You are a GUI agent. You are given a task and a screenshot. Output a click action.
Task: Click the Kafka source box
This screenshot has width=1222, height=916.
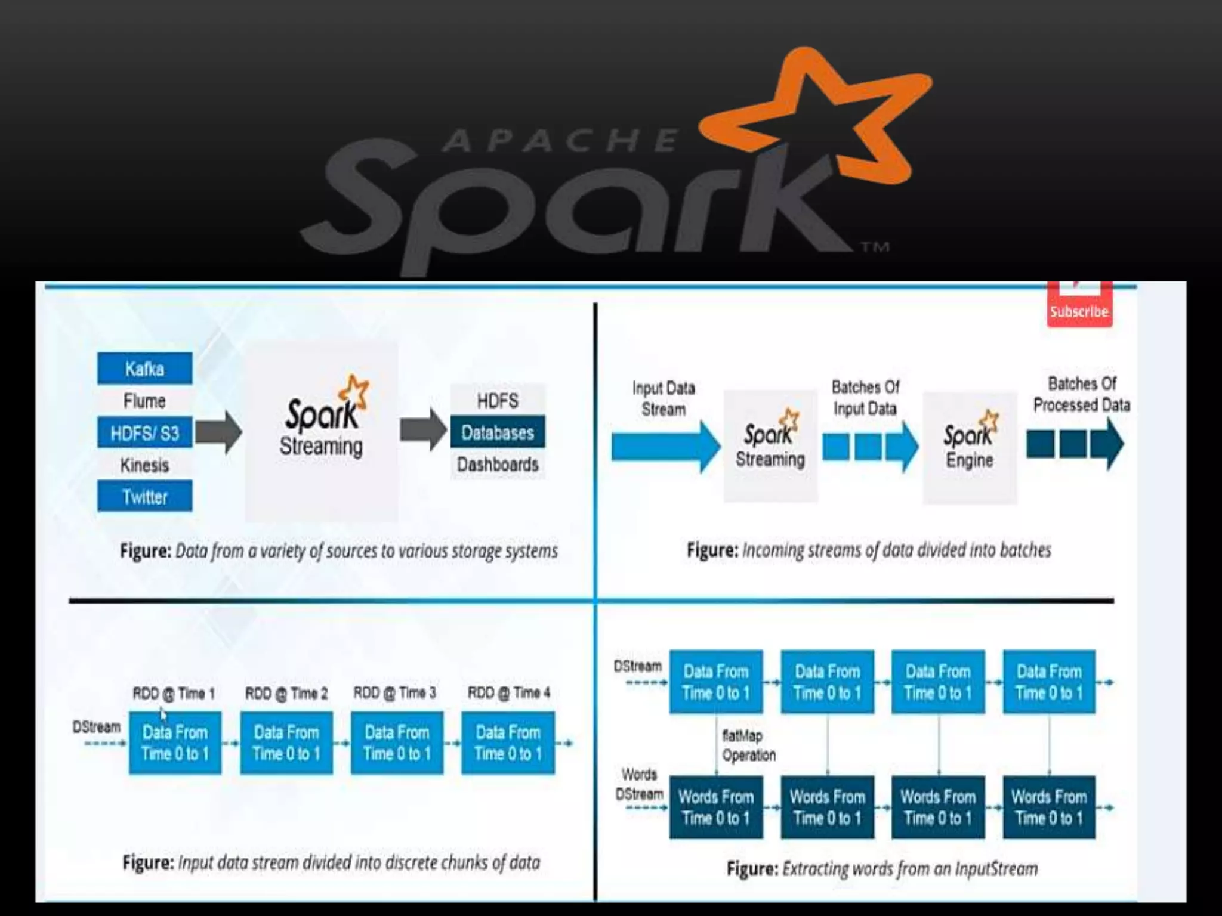(144, 369)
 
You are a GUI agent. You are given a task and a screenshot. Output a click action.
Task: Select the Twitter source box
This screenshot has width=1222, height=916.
(144, 496)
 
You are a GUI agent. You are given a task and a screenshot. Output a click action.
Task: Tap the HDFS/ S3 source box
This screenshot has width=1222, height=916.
(144, 432)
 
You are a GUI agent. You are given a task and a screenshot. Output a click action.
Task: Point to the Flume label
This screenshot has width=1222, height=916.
(144, 401)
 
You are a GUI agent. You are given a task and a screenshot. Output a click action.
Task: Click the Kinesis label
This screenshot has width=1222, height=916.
(144, 465)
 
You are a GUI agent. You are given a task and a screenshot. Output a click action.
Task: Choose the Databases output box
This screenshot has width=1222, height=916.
(497, 432)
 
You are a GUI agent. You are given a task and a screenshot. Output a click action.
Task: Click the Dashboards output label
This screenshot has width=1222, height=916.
(497, 464)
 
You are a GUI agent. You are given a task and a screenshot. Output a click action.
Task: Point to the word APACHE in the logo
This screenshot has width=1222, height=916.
(561, 141)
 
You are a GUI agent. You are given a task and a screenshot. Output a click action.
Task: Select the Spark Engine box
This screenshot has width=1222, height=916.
(970, 447)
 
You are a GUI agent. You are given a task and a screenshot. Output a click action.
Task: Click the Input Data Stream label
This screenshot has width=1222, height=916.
(664, 398)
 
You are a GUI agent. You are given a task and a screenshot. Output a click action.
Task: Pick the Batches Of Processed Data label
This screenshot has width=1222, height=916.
(1081, 394)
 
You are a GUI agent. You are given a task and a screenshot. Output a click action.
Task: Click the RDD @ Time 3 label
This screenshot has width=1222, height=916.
(394, 692)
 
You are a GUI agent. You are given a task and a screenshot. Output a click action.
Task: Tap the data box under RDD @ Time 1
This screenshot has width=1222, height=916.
(175, 742)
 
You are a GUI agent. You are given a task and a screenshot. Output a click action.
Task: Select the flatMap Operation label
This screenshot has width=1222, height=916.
(748, 745)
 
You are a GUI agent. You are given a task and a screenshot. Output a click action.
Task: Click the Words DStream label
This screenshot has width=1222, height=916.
(639, 784)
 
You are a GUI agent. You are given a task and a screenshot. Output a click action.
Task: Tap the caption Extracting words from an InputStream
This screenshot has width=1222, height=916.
(882, 869)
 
